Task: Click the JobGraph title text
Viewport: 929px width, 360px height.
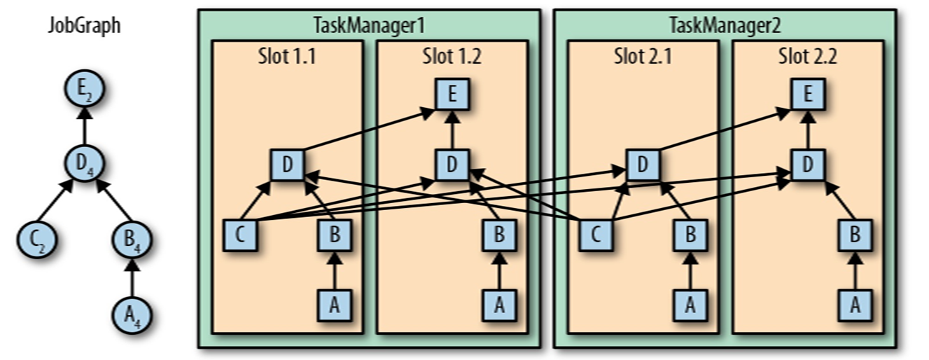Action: point(84,26)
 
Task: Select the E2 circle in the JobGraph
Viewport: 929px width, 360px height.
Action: point(84,91)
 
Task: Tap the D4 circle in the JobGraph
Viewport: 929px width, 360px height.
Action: point(84,165)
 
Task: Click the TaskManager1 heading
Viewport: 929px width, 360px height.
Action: point(369,26)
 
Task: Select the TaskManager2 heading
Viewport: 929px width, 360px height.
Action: point(725,26)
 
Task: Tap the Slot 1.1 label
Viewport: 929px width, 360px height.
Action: point(287,57)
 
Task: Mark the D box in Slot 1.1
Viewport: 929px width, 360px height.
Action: point(288,165)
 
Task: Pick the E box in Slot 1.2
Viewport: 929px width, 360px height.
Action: point(452,94)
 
